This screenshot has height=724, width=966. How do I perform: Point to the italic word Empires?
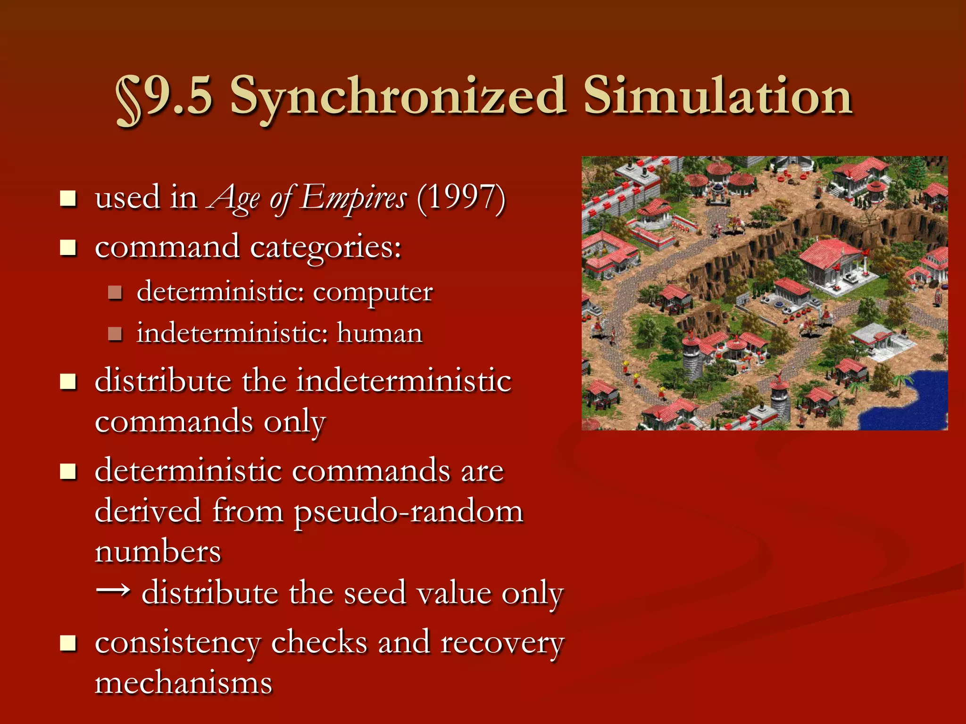tap(354, 197)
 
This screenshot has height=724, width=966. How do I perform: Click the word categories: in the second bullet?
tap(325, 247)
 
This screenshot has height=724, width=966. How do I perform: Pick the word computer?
tap(373, 292)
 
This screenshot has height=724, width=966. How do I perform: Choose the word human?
tap(379, 333)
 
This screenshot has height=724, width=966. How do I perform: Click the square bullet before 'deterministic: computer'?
tap(115, 293)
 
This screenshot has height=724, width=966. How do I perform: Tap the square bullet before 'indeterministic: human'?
tap(115, 334)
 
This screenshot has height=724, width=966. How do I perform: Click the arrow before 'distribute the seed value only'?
tap(113, 590)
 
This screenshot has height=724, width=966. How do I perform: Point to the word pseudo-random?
tap(408, 511)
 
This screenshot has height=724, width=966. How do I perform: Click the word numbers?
tap(158, 552)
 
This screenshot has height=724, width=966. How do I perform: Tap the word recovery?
tap(502, 643)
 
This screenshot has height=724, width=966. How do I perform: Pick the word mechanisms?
tap(183, 683)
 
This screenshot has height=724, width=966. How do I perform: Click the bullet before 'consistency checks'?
tap(68, 642)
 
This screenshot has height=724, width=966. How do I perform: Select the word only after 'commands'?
tap(295, 422)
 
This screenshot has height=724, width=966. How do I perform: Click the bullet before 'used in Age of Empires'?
tap(68, 198)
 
